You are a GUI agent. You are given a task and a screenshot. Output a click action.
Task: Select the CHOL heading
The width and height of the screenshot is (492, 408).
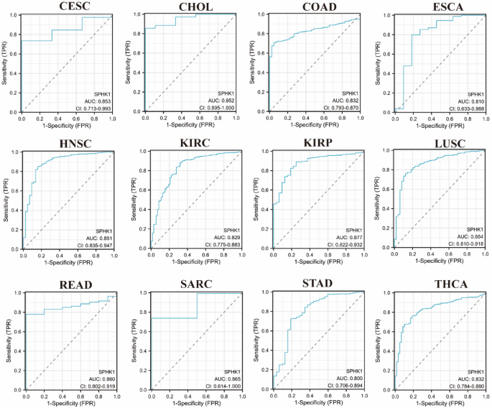click(x=190, y=6)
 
